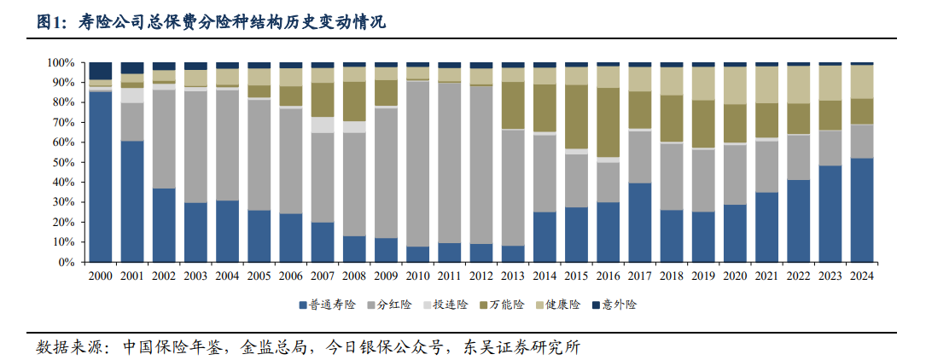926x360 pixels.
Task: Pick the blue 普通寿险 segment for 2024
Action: point(861,210)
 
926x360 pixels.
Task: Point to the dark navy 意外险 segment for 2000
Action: point(101,71)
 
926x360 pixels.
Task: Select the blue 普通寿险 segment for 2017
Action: point(640,223)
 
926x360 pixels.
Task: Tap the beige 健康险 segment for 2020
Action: point(735,85)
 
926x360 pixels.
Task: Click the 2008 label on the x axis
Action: point(354,276)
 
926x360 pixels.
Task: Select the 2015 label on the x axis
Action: point(576,276)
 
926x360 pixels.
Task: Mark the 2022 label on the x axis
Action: point(798,276)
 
